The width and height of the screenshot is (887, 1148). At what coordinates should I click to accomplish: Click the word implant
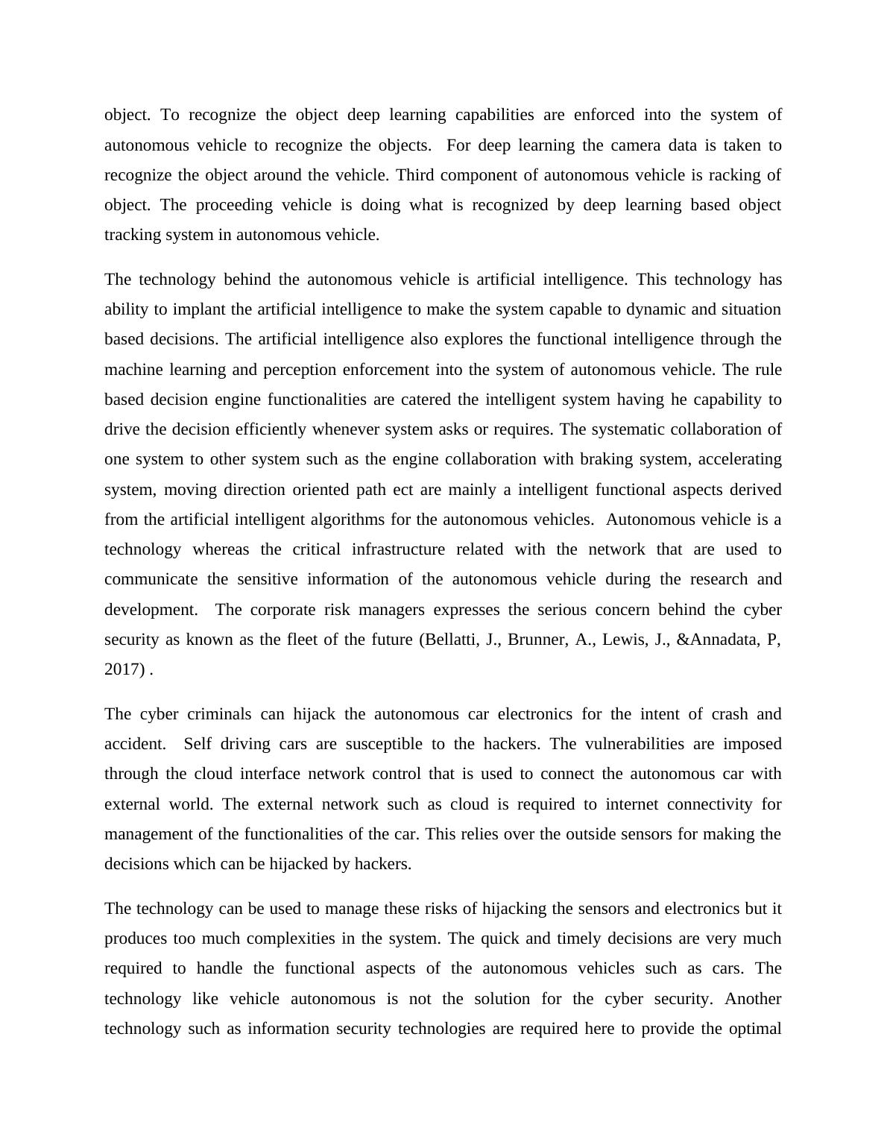tap(210, 309)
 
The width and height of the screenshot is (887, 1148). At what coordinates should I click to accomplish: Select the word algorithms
tap(350, 520)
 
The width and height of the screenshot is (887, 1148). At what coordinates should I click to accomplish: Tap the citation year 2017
tap(124, 669)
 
